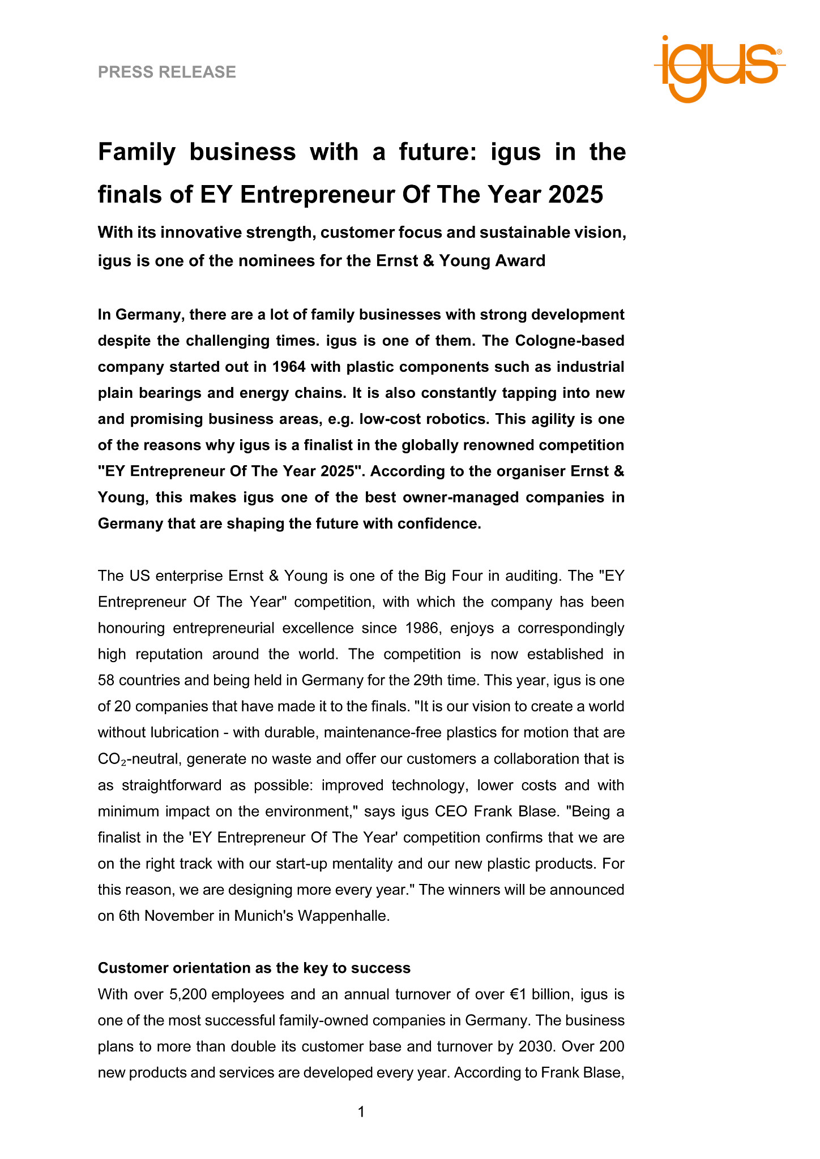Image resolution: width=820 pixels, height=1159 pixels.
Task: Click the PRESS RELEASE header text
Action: (167, 72)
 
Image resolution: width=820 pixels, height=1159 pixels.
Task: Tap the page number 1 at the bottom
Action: (361, 1113)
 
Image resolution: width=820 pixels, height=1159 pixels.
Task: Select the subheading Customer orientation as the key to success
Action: (254, 968)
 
